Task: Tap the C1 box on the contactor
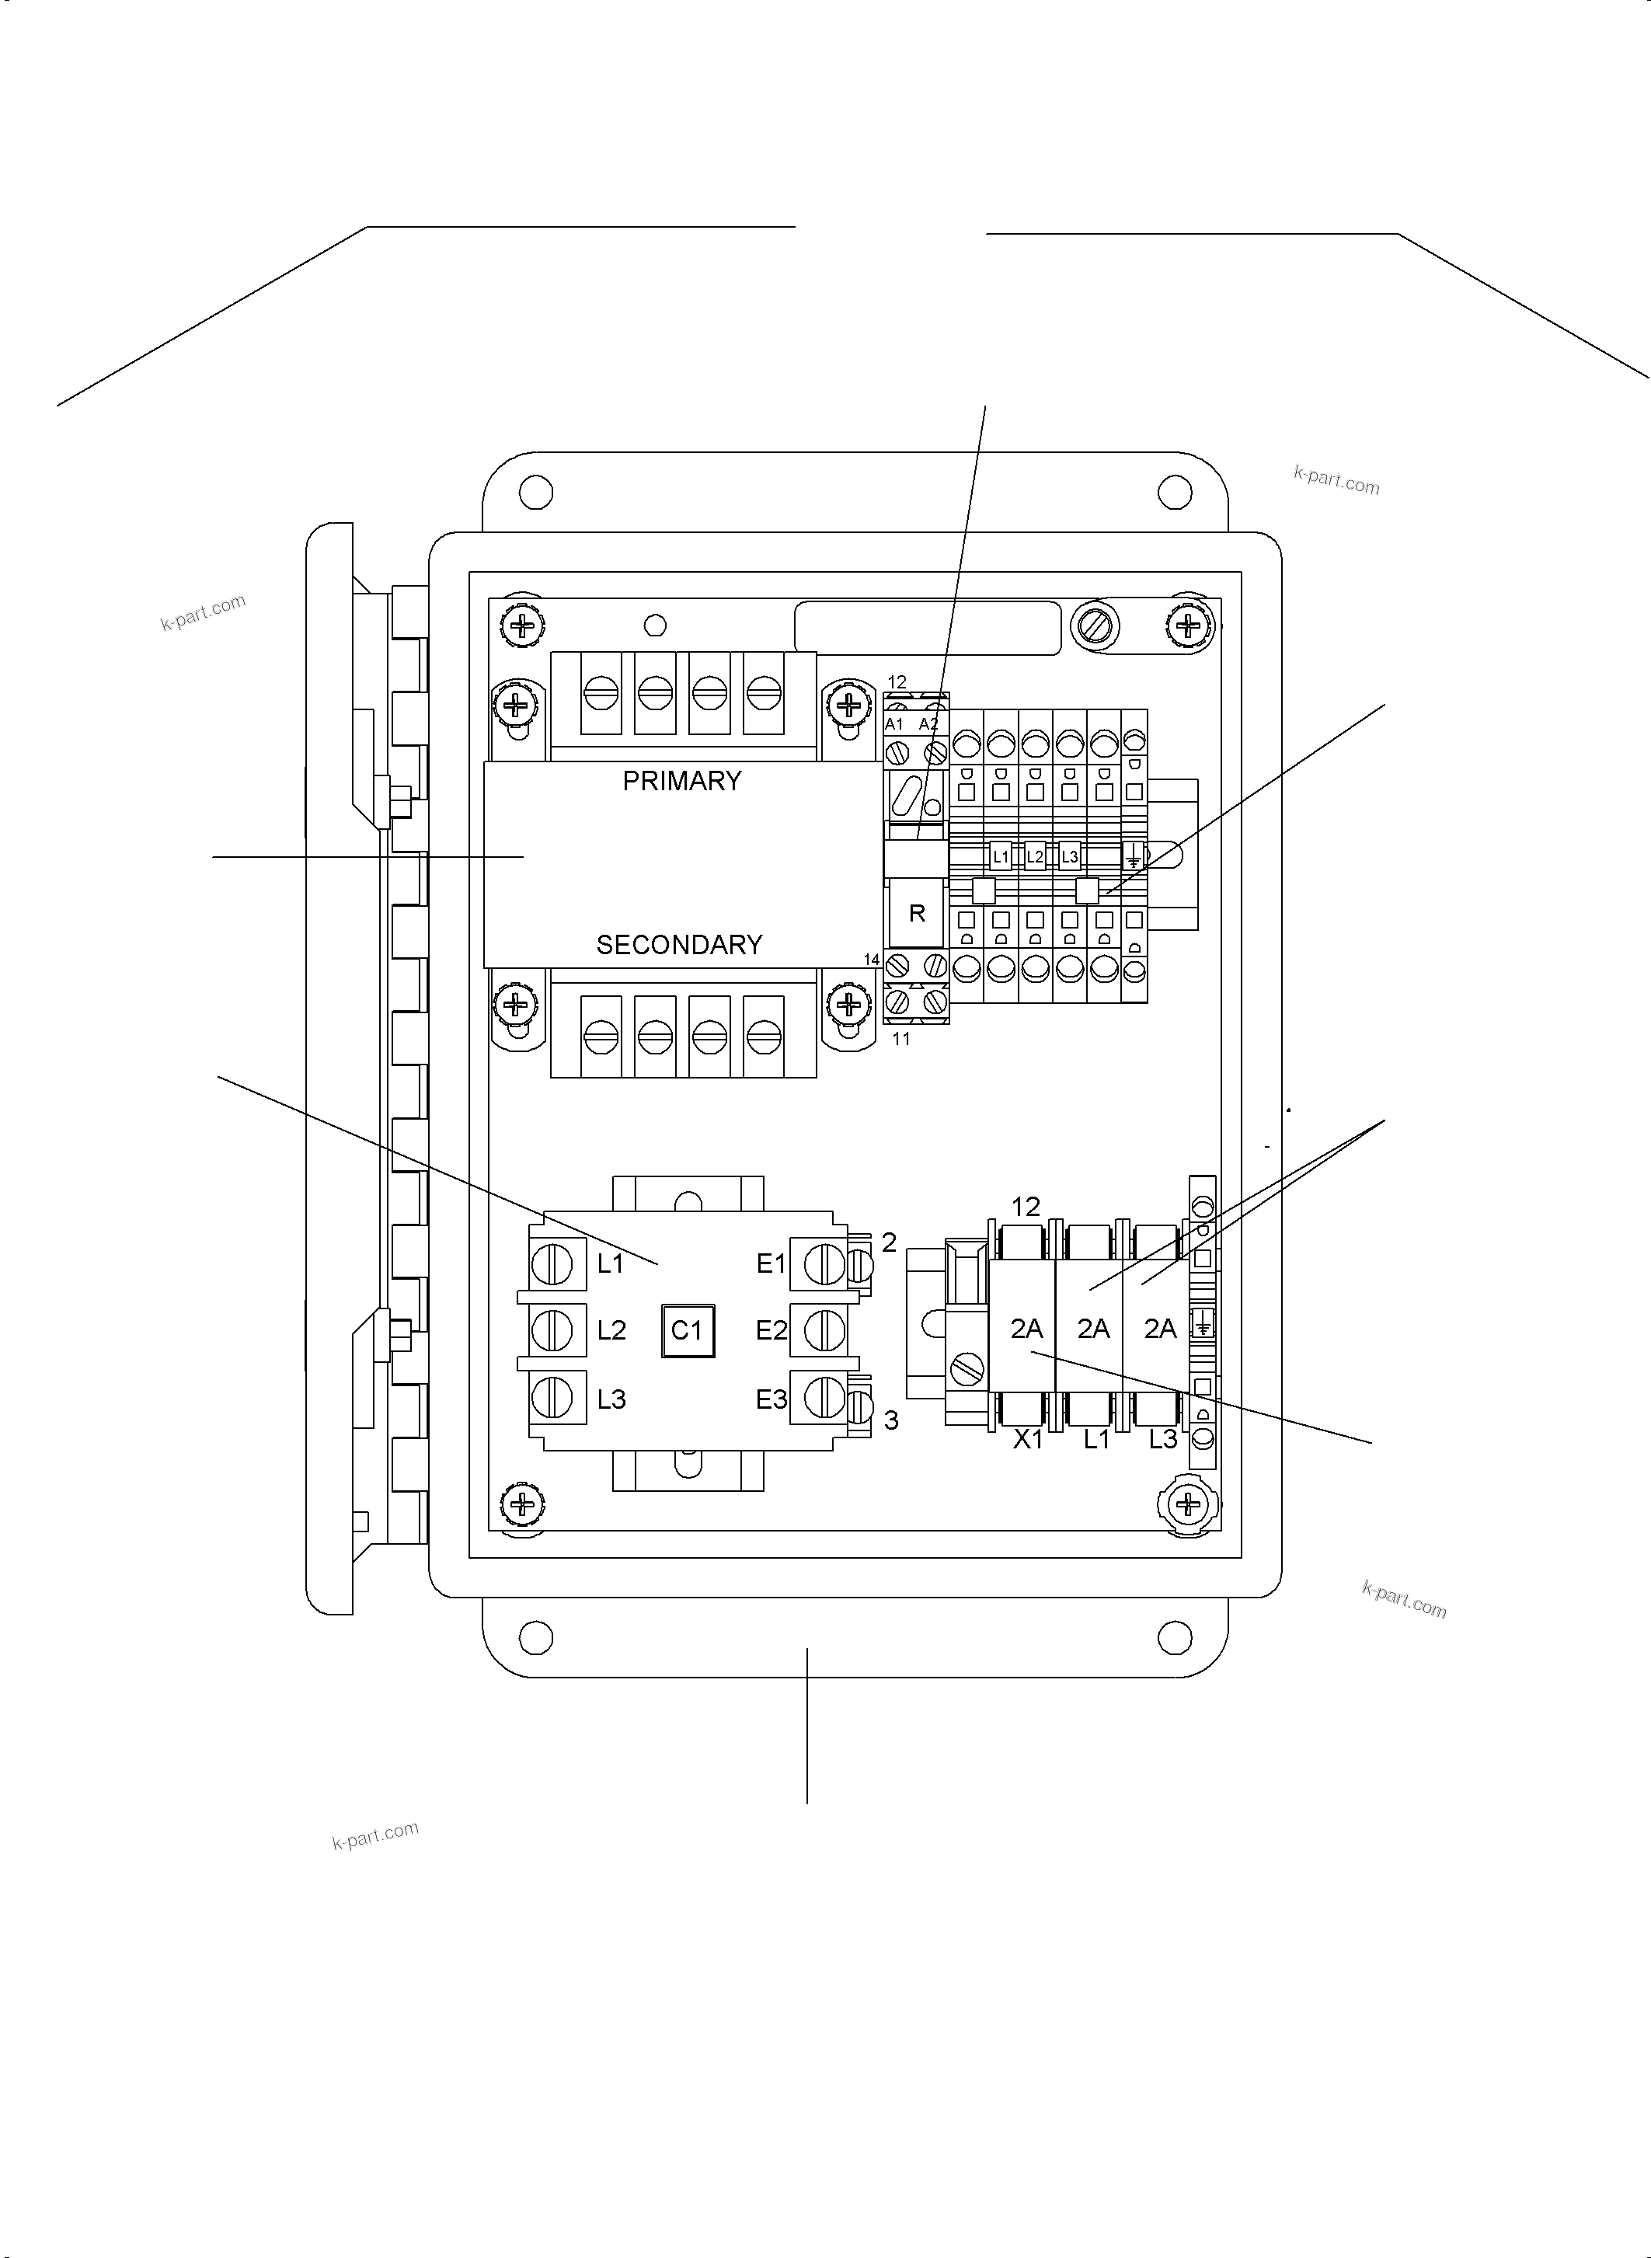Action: pos(688,1330)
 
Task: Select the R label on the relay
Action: pos(917,912)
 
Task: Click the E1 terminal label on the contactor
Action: pos(771,1264)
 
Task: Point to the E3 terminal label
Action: pos(771,1399)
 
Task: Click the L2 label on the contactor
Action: pos(611,1330)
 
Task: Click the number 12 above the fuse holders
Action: pos(1026,1207)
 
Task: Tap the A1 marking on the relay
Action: pos(894,723)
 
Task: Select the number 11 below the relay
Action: pos(901,1039)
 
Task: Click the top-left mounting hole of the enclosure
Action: pos(535,492)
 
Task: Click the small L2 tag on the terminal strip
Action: pos(1034,856)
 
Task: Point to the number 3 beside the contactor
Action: pos(891,1420)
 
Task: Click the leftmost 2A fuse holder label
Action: pos(1026,1329)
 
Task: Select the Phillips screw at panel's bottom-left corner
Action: pos(521,1502)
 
